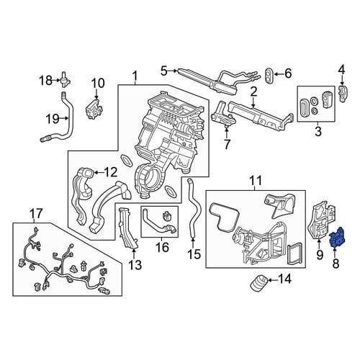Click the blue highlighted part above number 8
(x=338, y=237)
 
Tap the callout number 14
(x=284, y=279)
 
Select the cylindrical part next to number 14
(x=258, y=283)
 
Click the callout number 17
(x=36, y=213)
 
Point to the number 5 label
(x=164, y=71)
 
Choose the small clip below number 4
(x=343, y=93)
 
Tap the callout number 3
(x=318, y=131)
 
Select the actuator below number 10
(x=93, y=109)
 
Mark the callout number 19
(x=53, y=118)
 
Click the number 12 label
(x=111, y=172)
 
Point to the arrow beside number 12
(x=99, y=173)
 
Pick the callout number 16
(x=162, y=247)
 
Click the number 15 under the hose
(x=194, y=254)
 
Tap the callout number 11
(x=256, y=181)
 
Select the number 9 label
(x=320, y=255)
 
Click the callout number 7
(x=227, y=144)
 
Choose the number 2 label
(x=254, y=92)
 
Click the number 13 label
(x=135, y=265)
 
